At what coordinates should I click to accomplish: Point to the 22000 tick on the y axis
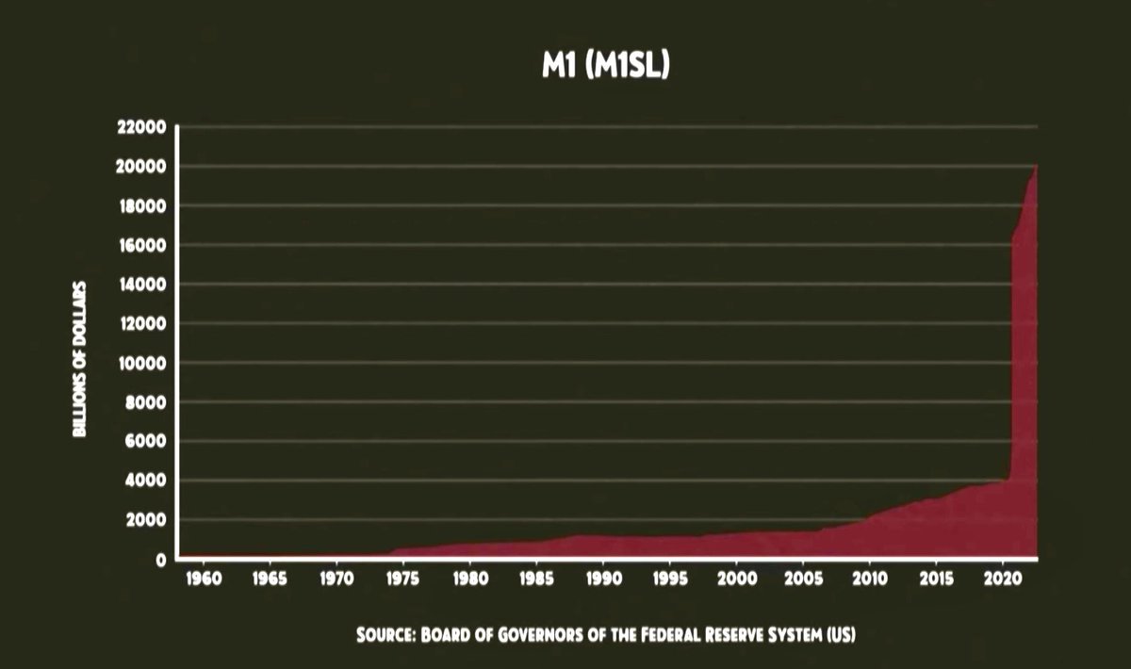coord(141,127)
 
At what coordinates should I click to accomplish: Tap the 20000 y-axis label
coord(141,167)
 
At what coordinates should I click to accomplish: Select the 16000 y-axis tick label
coord(141,245)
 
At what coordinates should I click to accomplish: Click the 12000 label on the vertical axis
coord(141,323)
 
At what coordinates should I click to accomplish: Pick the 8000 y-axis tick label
coord(146,402)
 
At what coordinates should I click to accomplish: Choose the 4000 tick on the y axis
coord(146,481)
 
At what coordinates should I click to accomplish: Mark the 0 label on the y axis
coord(161,560)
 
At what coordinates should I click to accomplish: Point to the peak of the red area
coord(1036,167)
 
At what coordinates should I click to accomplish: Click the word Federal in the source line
coord(664,635)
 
